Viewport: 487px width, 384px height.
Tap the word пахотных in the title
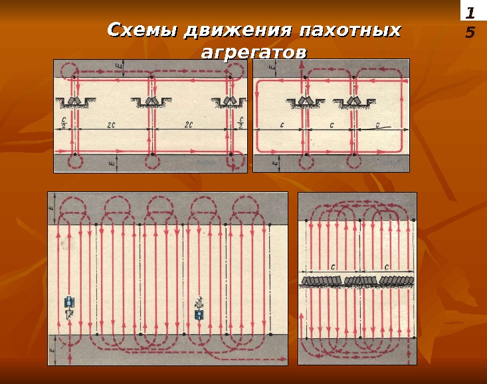(349, 31)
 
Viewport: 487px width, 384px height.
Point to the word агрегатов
(254, 52)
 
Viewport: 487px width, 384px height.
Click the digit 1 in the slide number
(470, 14)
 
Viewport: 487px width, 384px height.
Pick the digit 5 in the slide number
(470, 32)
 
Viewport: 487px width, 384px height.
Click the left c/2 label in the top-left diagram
(64, 123)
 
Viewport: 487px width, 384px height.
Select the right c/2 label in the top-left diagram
(240, 123)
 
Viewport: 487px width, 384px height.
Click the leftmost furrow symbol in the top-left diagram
(74, 101)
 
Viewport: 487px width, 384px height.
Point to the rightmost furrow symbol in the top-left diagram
(230, 101)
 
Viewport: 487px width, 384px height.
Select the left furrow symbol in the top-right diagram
(305, 102)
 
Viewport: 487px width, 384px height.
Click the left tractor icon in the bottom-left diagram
(68, 304)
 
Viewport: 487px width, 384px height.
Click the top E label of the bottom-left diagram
(52, 208)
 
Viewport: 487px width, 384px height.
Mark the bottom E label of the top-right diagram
(280, 161)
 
